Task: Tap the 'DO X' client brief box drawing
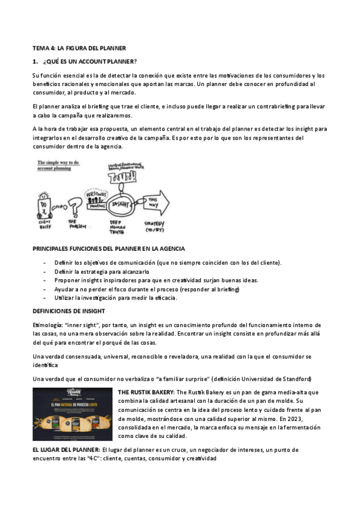pos(44,208)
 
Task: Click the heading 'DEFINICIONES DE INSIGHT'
pos(69,310)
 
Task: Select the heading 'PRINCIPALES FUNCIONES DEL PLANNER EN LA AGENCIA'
pos(108,248)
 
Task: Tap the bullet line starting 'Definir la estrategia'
pos(97,272)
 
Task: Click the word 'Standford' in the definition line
pos(294,378)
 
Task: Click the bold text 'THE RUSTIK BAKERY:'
pos(145,392)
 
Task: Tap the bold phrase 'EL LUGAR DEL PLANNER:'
pos(66,450)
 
